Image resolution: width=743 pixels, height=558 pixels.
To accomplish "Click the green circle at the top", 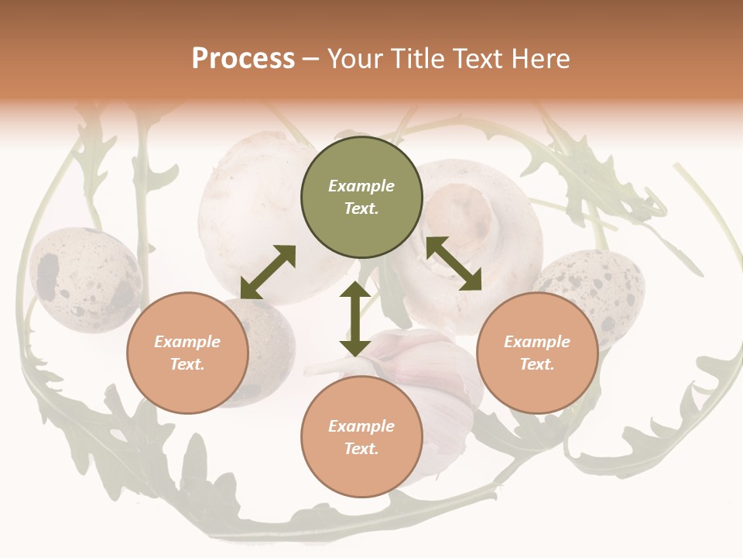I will (361, 197).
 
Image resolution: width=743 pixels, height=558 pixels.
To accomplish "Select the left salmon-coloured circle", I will (187, 353).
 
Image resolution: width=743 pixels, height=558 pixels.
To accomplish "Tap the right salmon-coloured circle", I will (537, 353).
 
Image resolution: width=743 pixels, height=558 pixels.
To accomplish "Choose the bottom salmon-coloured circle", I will (361, 437).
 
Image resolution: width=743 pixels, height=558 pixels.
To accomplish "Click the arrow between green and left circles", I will (268, 272).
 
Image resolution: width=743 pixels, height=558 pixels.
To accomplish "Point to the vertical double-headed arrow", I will (355, 319).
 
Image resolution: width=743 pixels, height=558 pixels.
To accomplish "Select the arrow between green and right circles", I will (454, 263).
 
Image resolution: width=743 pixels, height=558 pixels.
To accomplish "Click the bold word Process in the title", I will (243, 59).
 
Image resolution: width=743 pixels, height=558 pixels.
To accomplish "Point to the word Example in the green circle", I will (361, 186).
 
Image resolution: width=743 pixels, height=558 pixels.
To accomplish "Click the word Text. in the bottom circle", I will (361, 449).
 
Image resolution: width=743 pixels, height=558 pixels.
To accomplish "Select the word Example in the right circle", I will (537, 342).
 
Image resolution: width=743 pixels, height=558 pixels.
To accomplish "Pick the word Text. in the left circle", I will (187, 364).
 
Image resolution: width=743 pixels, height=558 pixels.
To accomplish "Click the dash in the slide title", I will (311, 59).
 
